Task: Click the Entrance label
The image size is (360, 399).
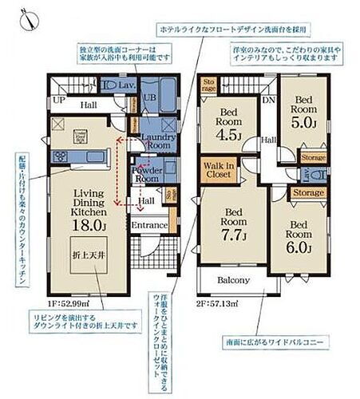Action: (149, 226)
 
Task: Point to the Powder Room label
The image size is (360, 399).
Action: (148, 174)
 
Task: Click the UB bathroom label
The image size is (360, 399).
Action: (148, 98)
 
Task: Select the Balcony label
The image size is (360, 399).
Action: (235, 281)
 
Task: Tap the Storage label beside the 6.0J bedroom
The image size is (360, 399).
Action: (307, 192)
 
